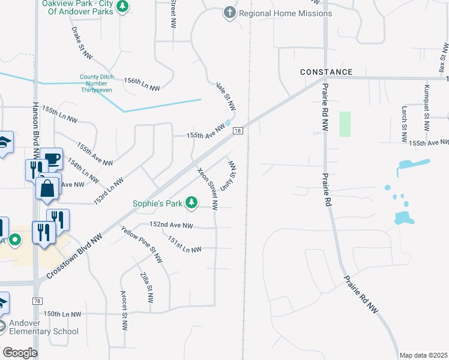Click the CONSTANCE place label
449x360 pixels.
[327, 72]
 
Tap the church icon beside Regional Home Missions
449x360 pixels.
[229, 13]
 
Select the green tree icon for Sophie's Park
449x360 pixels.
[191, 203]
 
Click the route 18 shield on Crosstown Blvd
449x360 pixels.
[238, 131]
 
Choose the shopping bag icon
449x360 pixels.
[46, 188]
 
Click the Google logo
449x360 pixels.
[20, 353]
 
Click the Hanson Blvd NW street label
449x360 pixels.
[33, 132]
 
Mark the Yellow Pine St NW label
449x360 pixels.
[142, 245]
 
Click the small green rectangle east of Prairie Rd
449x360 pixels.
[345, 124]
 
